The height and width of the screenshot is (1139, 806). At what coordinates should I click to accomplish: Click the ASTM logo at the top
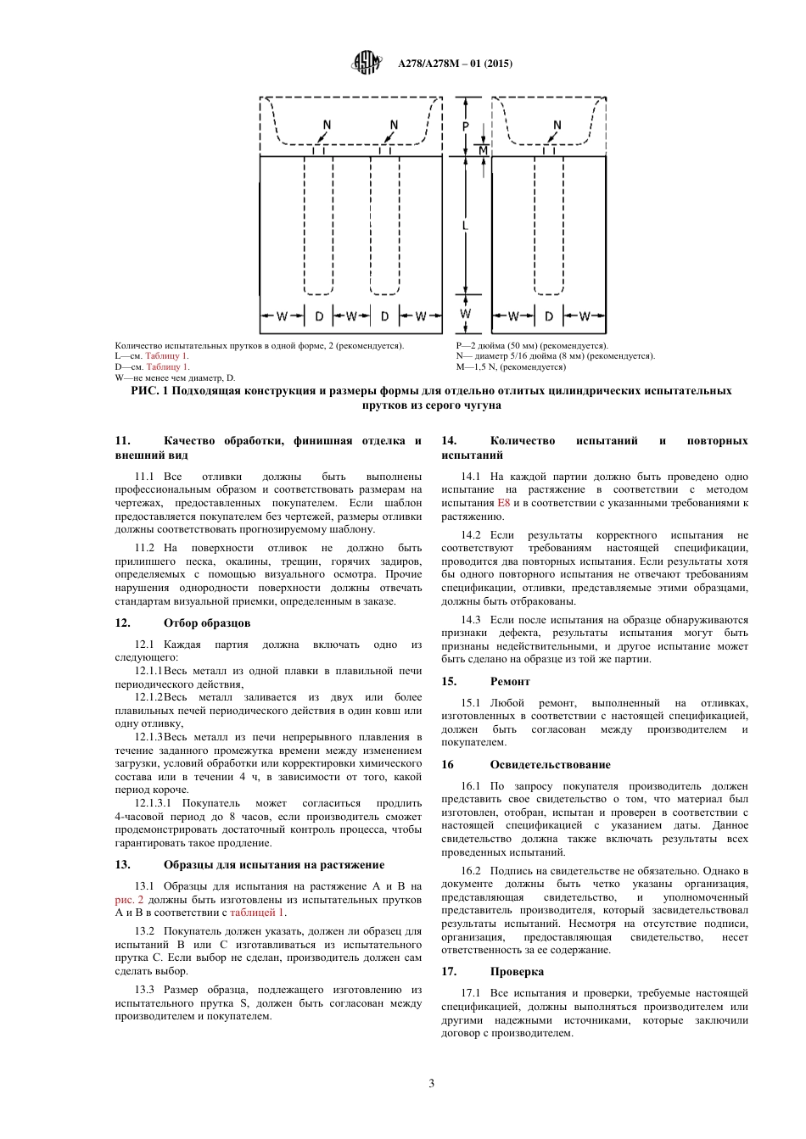click(x=367, y=63)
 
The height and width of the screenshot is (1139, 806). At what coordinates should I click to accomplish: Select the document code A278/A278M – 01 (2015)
click(x=455, y=64)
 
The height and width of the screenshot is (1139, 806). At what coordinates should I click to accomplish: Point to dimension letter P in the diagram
click(x=466, y=126)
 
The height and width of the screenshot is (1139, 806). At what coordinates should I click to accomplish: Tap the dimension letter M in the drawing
click(x=483, y=150)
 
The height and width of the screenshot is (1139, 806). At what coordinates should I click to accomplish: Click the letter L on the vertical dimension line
click(x=465, y=225)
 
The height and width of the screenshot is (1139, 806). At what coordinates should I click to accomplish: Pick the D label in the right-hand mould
click(x=549, y=316)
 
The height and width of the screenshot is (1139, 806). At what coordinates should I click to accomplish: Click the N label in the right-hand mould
click(x=557, y=126)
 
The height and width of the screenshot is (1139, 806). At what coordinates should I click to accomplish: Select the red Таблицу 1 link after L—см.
click(x=167, y=356)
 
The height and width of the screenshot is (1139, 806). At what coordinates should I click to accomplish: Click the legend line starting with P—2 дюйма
click(x=531, y=345)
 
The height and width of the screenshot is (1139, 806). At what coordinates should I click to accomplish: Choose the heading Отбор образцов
click(x=207, y=623)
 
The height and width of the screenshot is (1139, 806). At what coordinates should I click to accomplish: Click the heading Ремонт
click(x=510, y=681)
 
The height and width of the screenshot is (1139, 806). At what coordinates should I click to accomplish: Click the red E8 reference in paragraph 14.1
click(x=503, y=503)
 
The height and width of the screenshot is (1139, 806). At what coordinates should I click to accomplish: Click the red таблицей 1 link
click(x=257, y=913)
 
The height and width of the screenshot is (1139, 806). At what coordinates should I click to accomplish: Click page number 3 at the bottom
click(x=431, y=1083)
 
